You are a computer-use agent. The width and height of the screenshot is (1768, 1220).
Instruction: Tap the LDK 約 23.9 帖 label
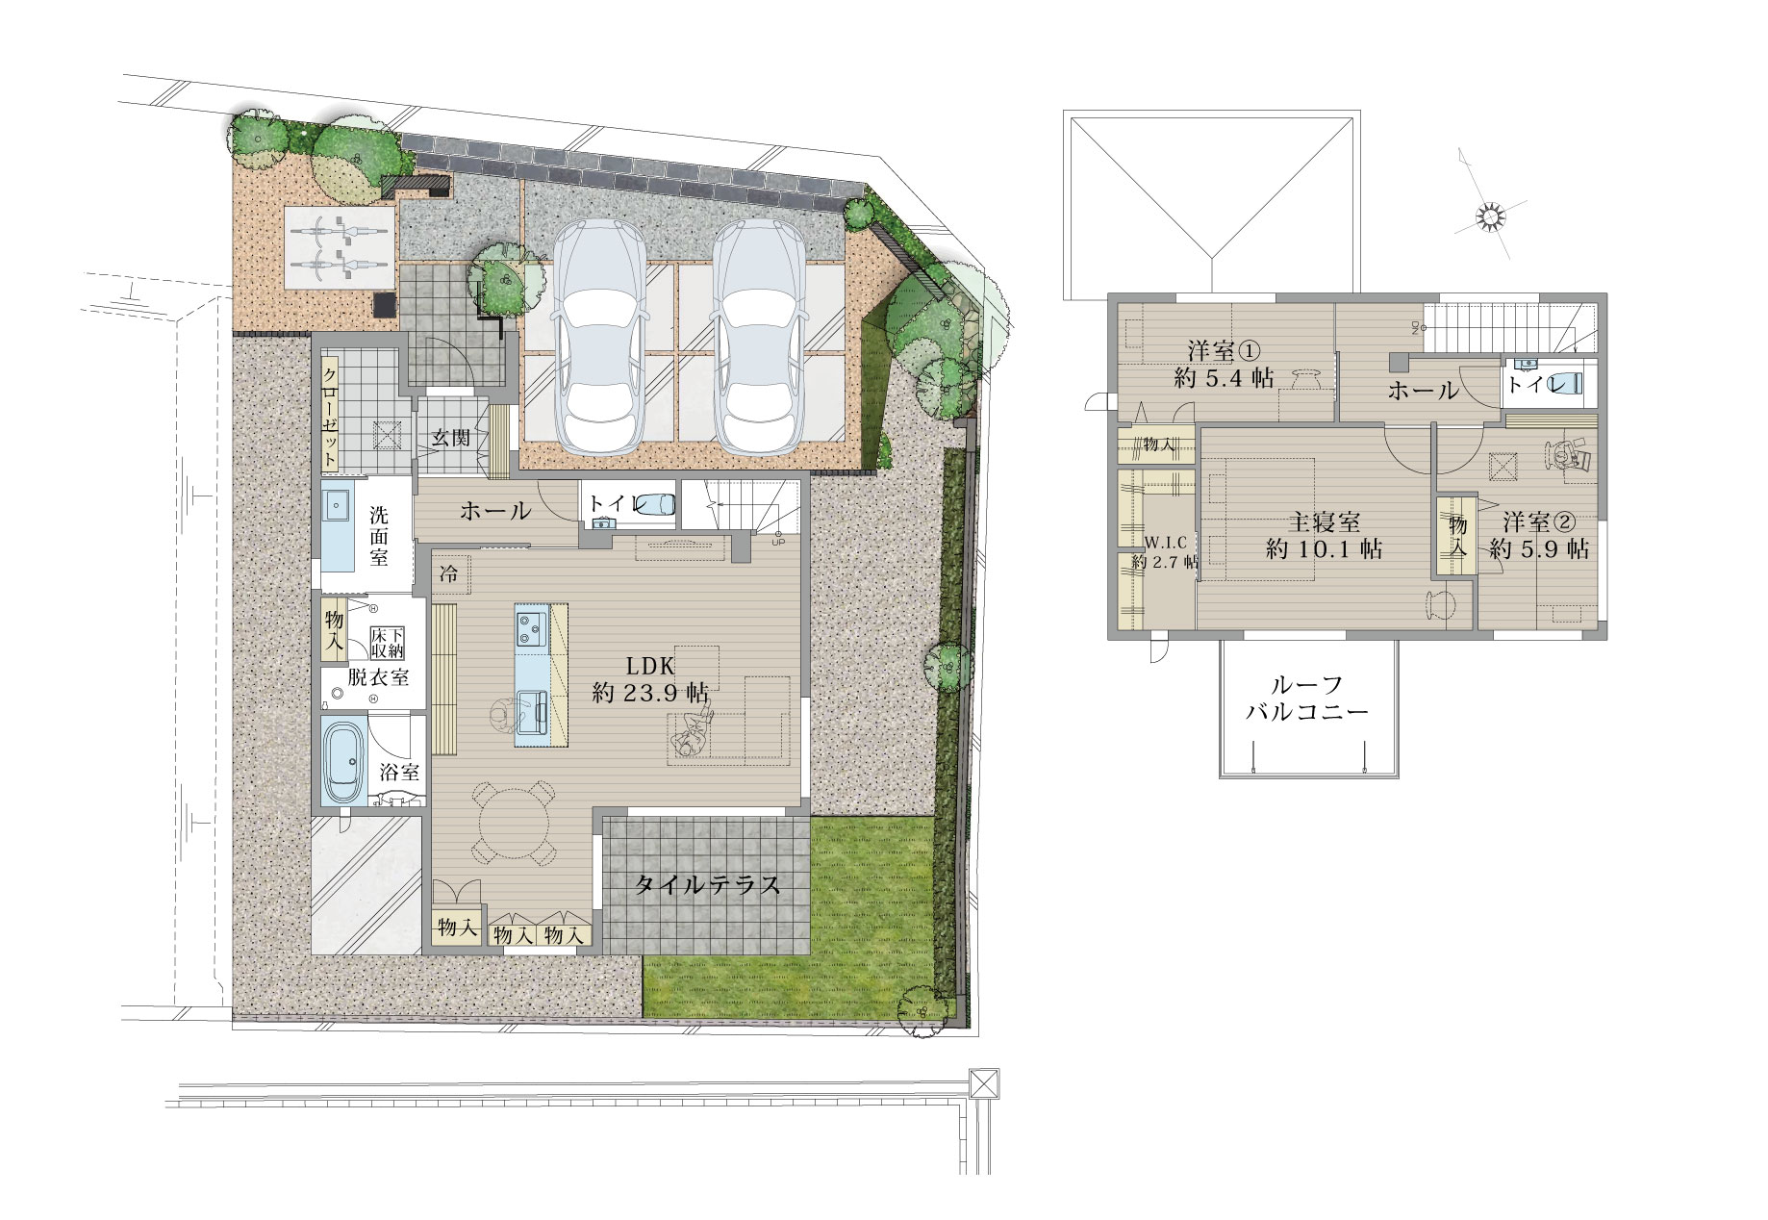(x=650, y=678)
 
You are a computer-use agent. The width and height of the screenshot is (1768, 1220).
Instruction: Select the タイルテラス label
(x=706, y=885)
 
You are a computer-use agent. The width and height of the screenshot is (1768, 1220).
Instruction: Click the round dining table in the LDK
(x=512, y=824)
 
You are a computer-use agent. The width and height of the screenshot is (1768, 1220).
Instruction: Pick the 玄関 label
(x=450, y=438)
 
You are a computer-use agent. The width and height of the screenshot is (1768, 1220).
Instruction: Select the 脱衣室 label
(x=378, y=677)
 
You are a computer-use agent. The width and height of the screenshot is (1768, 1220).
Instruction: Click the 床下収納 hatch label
(x=388, y=643)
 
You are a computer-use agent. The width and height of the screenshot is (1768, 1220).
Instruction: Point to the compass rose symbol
(x=1490, y=219)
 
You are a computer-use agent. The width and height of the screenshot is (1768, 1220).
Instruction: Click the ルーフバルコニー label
(x=1306, y=699)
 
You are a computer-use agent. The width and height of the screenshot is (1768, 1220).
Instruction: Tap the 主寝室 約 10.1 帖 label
(x=1325, y=536)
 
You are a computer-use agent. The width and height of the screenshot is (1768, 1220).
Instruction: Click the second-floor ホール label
(x=1423, y=391)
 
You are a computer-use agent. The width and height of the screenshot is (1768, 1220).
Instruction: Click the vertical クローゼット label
(x=329, y=416)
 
